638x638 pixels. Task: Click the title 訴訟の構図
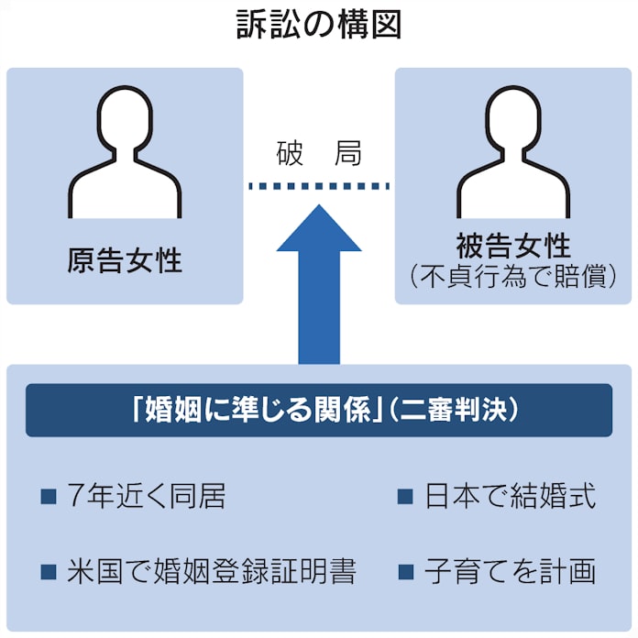tap(318, 26)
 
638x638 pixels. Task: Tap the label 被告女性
tap(512, 246)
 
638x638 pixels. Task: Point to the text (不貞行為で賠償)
tap(512, 277)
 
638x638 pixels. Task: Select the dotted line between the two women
tap(318, 186)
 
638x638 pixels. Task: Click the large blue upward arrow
tap(318, 293)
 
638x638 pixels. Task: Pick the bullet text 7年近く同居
tap(146, 497)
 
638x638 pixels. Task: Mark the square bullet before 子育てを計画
tap(406, 573)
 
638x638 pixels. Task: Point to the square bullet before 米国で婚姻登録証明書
tap(49, 573)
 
